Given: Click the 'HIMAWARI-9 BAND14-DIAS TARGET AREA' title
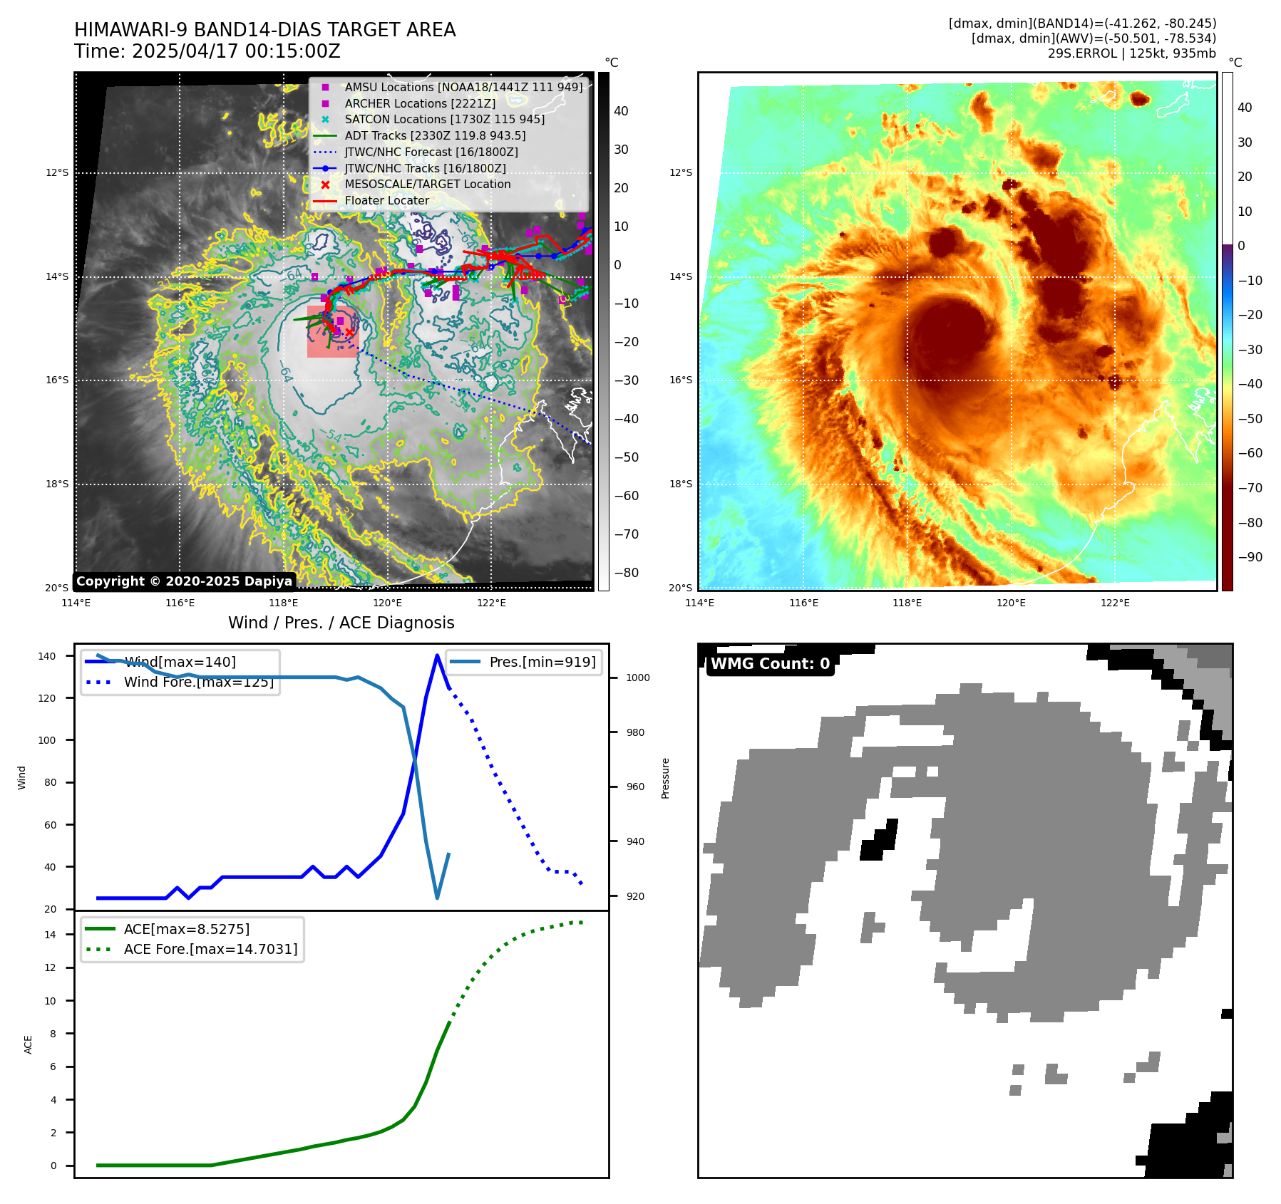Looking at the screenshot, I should (x=264, y=30).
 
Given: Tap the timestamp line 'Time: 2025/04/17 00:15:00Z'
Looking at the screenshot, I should (x=207, y=52).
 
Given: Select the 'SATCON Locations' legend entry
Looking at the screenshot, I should (x=444, y=120).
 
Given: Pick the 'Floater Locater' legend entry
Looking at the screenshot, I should (x=386, y=201).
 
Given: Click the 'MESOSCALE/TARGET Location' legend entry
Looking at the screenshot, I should (x=427, y=185).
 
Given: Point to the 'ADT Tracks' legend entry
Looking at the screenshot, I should (x=435, y=136).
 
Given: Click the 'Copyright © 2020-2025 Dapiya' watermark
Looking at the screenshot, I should (x=184, y=581).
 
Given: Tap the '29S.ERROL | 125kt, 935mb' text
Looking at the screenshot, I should (x=1131, y=53).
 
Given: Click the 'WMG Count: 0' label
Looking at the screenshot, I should (x=770, y=664).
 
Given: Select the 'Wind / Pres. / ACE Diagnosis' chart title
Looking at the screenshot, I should (x=341, y=623).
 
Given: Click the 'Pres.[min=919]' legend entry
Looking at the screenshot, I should (x=542, y=662).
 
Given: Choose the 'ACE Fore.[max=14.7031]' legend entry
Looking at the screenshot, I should (x=210, y=949).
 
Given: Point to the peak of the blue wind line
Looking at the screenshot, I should (x=437, y=655).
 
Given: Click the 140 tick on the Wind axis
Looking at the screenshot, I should (x=47, y=656).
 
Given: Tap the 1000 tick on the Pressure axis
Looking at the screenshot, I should (x=637, y=678).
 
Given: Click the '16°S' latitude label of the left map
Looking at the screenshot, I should (x=58, y=380).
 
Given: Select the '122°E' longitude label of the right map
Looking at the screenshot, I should (x=1115, y=603).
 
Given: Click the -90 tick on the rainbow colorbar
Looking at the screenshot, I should (x=1250, y=557).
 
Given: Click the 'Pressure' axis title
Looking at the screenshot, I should (x=665, y=778).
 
